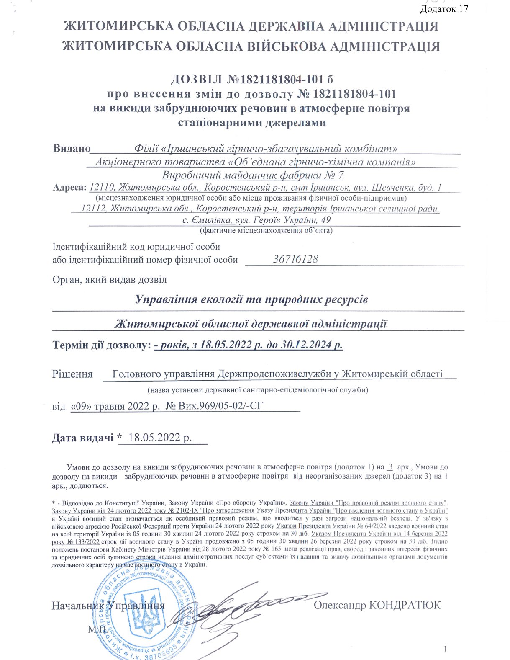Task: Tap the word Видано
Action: click(x=72, y=148)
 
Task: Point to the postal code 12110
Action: click(x=99, y=187)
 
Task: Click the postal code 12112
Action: click(x=92, y=208)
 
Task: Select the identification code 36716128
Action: click(x=295, y=259)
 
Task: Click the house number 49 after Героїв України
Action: click(x=325, y=220)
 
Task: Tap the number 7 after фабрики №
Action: click(x=340, y=175)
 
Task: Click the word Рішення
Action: click(x=72, y=374)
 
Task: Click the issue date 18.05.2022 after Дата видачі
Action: click(x=160, y=438)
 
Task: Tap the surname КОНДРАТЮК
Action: click(x=405, y=605)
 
